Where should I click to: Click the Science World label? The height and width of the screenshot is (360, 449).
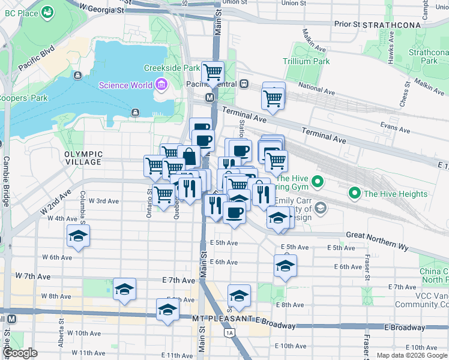tap(125, 85)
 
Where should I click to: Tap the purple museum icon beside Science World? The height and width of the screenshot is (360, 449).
tap(161, 85)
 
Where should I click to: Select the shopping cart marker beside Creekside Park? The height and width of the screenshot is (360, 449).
tap(213, 73)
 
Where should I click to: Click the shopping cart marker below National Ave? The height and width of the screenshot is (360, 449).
tap(273, 97)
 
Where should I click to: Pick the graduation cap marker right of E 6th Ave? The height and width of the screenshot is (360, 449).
tap(285, 267)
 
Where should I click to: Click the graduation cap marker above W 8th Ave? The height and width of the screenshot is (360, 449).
tap(124, 289)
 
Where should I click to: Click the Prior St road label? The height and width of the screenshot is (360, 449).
tap(347, 25)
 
